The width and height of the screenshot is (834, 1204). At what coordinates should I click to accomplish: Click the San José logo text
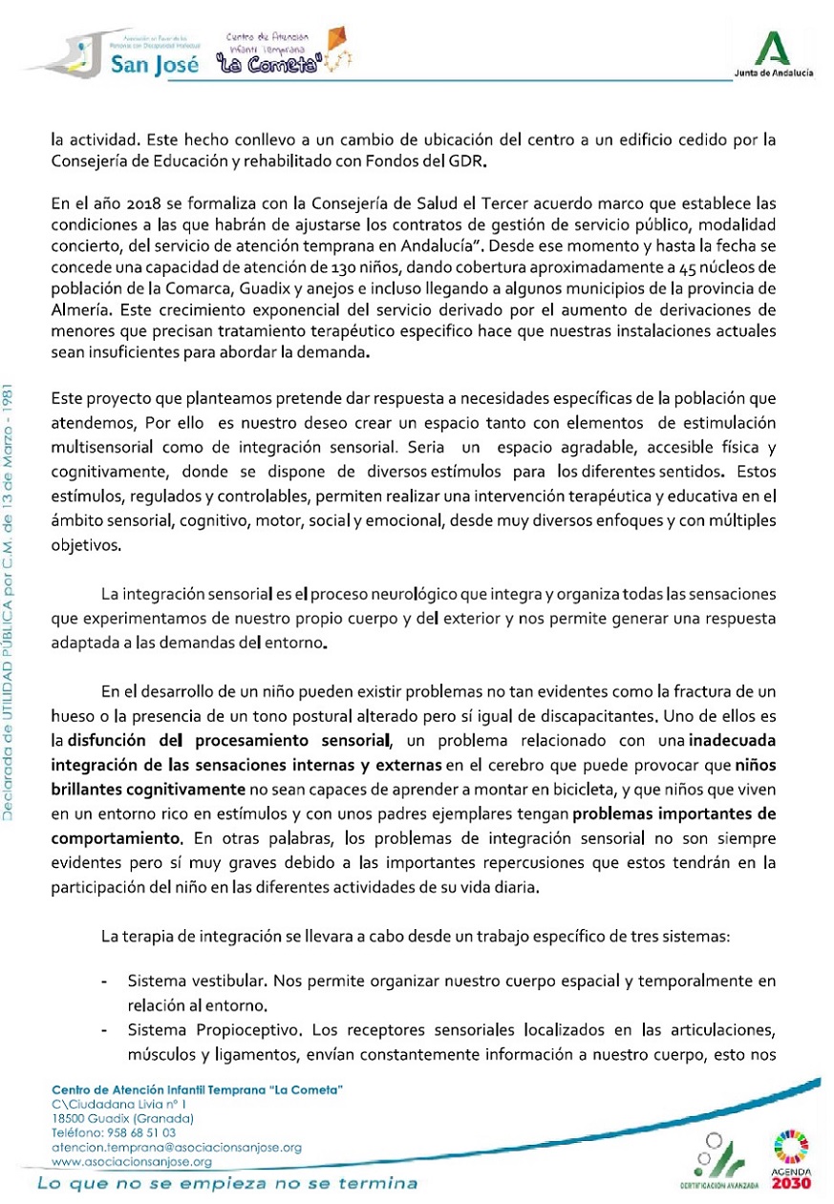point(154,65)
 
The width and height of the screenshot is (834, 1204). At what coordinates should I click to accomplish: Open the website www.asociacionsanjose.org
point(131,1161)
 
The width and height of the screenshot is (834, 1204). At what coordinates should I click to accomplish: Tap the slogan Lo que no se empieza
point(227,1184)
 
